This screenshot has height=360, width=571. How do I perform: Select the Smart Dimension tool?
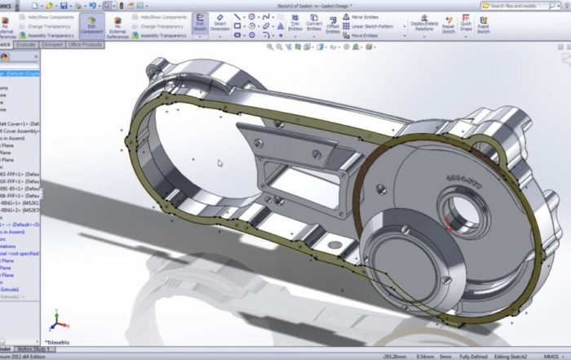[219, 24]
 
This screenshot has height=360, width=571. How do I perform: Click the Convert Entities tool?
[313, 24]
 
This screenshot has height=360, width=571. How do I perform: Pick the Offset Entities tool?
[333, 24]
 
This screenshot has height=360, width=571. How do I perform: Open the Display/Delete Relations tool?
[423, 24]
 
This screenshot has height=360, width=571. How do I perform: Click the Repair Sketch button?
[449, 24]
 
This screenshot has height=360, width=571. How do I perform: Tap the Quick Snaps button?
[466, 24]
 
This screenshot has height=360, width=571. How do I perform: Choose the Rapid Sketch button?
[484, 24]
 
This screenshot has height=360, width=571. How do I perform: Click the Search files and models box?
[522, 5]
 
